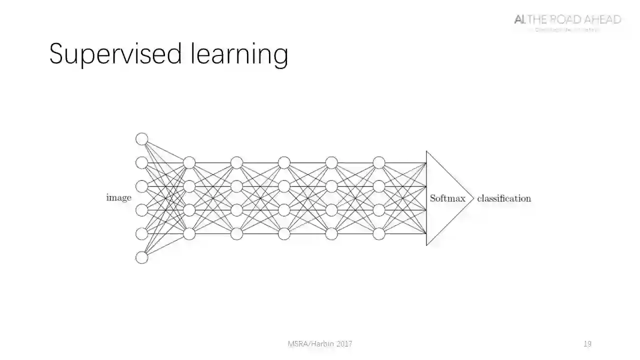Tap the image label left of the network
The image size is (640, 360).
coord(118,198)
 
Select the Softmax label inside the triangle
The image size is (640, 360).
coord(447,198)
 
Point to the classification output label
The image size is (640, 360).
coord(504,198)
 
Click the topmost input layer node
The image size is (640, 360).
coord(142,138)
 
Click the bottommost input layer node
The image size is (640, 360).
coord(142,257)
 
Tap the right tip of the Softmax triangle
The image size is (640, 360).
coord(473,198)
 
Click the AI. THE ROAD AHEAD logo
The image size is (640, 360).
coord(567,20)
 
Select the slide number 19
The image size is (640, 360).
coord(587,344)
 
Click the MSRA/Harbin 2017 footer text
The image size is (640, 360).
coord(320,344)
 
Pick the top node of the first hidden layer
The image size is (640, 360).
coord(189,162)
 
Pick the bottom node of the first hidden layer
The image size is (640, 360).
coord(189,233)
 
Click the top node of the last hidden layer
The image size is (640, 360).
coord(379,162)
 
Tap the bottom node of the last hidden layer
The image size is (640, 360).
coord(379,233)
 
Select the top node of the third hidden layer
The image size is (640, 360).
coord(284,162)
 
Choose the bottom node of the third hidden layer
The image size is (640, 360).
coord(284,233)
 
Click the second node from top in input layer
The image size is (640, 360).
coord(142,162)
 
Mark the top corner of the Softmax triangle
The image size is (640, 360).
coord(426,151)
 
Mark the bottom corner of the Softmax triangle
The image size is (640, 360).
coord(426,245)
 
